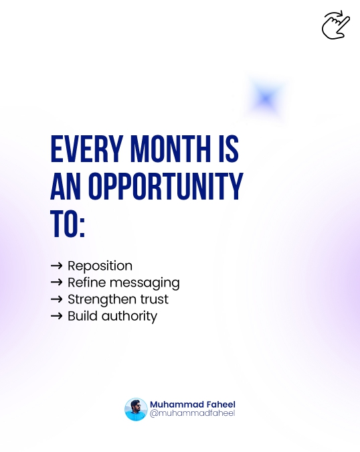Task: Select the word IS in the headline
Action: (x=228, y=150)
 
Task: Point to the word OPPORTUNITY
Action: (x=165, y=188)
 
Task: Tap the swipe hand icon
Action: (x=335, y=25)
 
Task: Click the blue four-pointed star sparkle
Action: (x=266, y=99)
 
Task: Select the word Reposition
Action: (x=100, y=266)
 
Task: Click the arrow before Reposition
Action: (x=57, y=266)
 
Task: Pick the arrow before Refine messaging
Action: (x=57, y=283)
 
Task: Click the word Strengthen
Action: (x=99, y=299)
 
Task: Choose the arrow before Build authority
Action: (x=57, y=316)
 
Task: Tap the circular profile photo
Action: (x=136, y=409)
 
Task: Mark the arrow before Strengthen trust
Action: (x=57, y=299)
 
